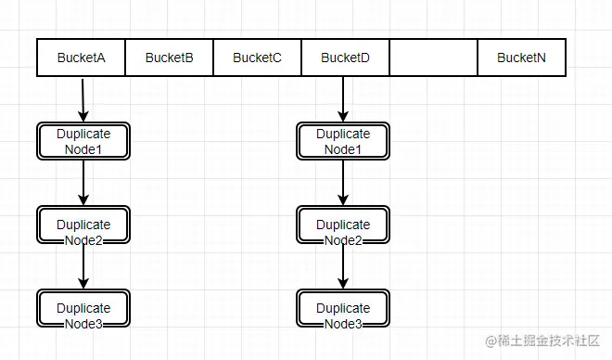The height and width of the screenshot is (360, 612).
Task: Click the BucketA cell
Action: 81,58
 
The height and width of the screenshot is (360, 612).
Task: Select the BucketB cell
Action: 169,58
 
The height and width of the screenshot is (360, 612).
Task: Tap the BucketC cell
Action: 257,58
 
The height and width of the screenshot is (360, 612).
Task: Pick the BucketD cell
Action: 345,58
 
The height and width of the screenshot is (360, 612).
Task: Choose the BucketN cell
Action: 521,58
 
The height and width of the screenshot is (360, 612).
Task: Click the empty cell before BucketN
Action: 433,58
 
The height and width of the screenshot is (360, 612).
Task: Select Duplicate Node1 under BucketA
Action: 83,141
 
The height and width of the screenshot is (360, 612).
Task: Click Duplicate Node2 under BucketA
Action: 83,225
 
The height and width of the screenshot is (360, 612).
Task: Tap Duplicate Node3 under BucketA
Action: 83,308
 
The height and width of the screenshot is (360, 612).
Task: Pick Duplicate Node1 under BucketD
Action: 343,141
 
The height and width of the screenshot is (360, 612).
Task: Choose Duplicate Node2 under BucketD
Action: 343,225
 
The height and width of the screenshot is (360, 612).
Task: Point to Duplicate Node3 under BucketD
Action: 343,308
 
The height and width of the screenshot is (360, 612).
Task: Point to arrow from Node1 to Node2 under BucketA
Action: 83,183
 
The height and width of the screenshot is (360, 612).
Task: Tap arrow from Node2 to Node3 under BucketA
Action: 83,266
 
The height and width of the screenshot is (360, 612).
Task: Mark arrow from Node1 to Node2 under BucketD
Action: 343,183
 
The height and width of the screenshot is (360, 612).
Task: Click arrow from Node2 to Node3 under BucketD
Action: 343,266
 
